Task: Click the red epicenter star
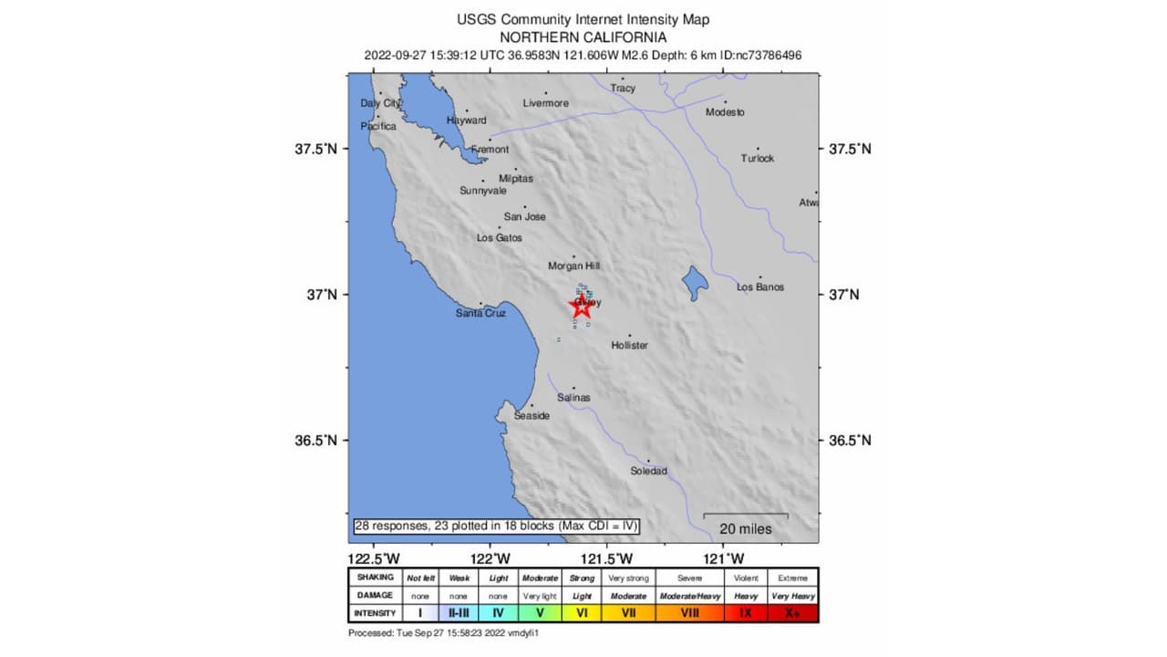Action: point(582,307)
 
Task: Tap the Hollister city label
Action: point(630,345)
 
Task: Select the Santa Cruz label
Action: point(480,313)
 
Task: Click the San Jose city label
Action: point(524,216)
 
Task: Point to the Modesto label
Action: point(725,112)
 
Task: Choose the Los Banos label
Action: point(759,287)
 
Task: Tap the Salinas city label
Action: point(573,397)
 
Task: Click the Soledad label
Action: point(648,471)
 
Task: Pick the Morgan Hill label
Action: point(573,266)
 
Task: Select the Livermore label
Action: point(545,103)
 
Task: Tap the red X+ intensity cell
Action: point(792,613)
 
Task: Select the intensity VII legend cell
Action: point(628,613)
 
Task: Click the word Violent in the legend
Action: point(745,578)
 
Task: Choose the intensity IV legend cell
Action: point(498,613)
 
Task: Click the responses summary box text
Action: point(496,526)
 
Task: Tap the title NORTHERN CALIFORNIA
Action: point(583,37)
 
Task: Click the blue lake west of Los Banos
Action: point(695,283)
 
